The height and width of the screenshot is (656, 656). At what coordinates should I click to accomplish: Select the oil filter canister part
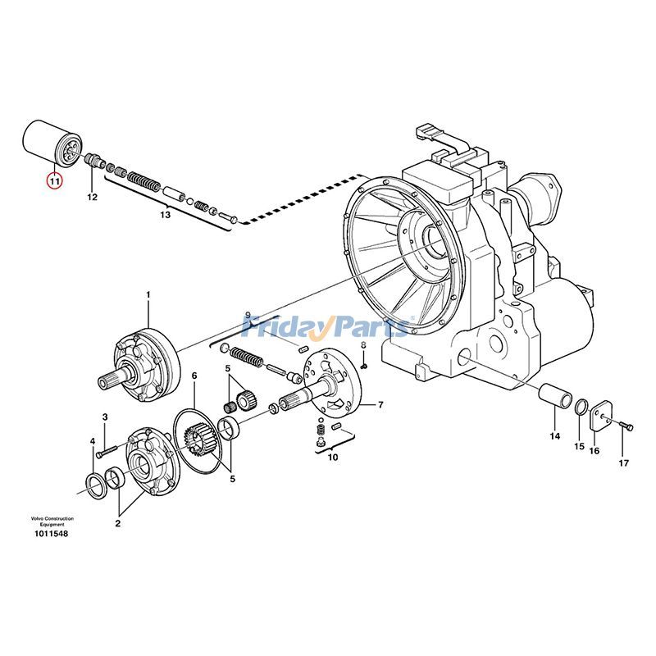(x=50, y=143)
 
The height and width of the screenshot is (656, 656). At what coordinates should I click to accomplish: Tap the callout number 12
(x=92, y=198)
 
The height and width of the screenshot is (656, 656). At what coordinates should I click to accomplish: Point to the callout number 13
(x=165, y=215)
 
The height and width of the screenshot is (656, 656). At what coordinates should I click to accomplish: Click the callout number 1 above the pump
(x=148, y=294)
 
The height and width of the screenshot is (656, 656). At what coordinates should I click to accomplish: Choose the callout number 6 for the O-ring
(x=194, y=376)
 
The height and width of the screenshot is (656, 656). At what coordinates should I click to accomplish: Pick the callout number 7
(x=380, y=405)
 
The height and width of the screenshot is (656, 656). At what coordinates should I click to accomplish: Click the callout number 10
(x=332, y=458)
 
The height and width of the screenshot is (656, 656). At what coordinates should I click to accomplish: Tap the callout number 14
(x=554, y=435)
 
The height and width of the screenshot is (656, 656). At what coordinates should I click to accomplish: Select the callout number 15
(x=579, y=446)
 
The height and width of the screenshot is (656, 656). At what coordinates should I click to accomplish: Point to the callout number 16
(x=594, y=450)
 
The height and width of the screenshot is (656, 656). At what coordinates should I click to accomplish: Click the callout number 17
(x=623, y=463)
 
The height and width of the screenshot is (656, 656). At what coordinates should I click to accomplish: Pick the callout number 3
(x=105, y=418)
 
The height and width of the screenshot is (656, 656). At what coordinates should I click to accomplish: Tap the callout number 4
(x=92, y=442)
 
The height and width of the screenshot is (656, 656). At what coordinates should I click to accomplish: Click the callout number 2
(x=118, y=522)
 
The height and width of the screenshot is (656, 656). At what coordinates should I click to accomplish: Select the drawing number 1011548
(x=51, y=534)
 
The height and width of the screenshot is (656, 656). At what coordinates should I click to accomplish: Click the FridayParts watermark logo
(x=328, y=327)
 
